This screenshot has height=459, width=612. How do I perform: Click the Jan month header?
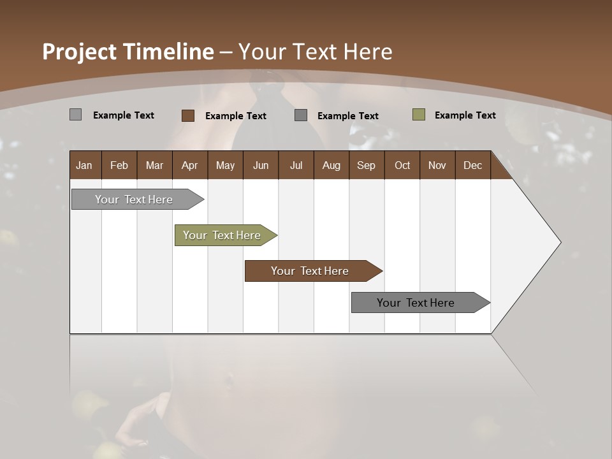[x=85, y=165]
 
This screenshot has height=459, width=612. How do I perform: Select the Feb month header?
[x=119, y=165]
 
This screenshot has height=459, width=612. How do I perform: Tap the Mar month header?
[x=154, y=165]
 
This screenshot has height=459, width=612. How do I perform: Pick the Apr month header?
[x=190, y=165]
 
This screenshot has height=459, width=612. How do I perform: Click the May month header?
[x=225, y=165]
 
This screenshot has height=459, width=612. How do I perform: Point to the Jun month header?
[x=261, y=165]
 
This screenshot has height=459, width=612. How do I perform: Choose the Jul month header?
[x=296, y=165]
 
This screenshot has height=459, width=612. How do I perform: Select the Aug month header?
[x=331, y=165]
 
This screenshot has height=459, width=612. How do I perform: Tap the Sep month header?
[x=367, y=165]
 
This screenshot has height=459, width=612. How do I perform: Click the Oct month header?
[x=402, y=165]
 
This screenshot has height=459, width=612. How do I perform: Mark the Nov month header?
[x=437, y=165]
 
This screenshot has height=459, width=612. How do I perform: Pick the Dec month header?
[x=473, y=165]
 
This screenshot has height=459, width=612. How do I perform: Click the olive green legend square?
[x=418, y=115]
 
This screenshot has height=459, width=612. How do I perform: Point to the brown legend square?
[x=188, y=115]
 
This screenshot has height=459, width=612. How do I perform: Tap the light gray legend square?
[x=76, y=115]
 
